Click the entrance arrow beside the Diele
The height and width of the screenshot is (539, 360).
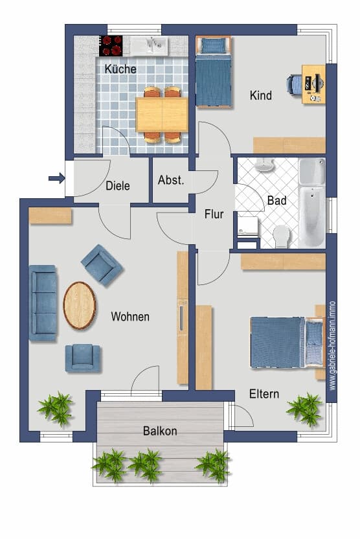coord(57,178)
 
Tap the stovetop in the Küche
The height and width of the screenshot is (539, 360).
coord(111,46)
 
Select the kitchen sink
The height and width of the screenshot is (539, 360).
coord(149,46)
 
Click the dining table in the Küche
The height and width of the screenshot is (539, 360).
coord(162,115)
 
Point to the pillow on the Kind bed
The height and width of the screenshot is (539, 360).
coord(212,45)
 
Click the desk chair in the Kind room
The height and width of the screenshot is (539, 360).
coord(294,84)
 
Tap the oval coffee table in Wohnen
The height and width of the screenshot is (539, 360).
coord(80,305)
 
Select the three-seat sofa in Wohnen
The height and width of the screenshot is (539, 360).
coord(43,303)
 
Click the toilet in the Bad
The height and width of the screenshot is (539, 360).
coord(282,236)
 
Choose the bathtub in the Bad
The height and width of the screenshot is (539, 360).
coord(312,216)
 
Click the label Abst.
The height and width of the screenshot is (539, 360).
coord(171,180)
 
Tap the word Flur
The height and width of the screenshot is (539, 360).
coord(214,214)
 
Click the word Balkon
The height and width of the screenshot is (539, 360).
coord(160,431)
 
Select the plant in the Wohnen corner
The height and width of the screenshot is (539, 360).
coord(56,408)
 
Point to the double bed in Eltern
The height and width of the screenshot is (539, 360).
coord(287,342)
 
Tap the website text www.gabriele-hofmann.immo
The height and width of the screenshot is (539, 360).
coord(332,346)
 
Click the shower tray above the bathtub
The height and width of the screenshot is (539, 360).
coord(312,171)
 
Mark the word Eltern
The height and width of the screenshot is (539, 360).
coord(264,394)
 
